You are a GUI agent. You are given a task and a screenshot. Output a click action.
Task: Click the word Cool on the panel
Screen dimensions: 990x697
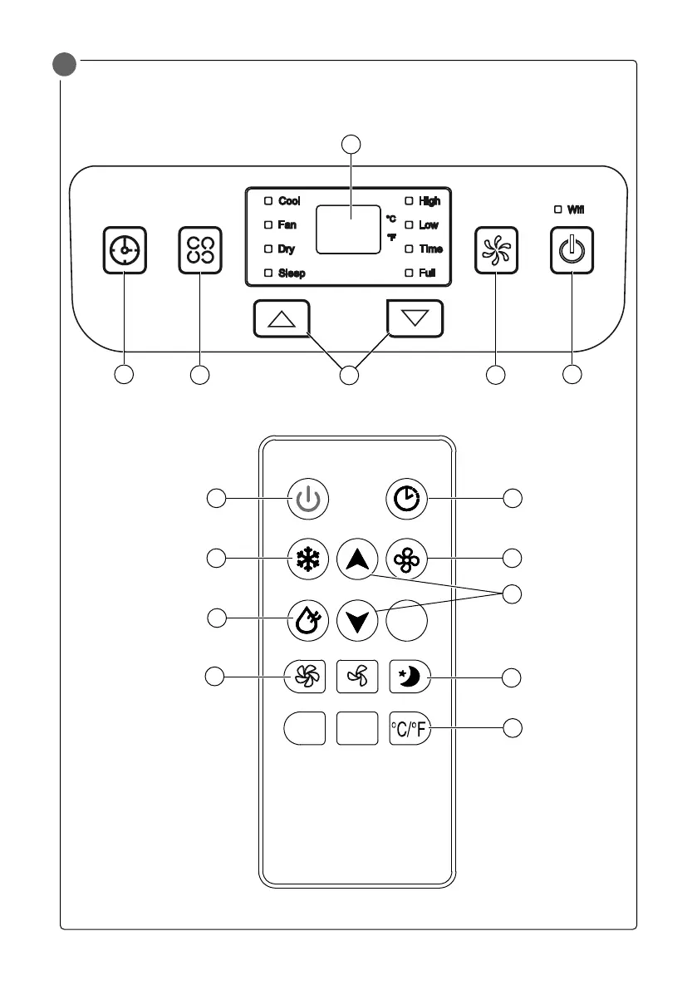pos(289,201)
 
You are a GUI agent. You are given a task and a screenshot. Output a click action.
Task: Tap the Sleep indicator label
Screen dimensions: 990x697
pos(291,273)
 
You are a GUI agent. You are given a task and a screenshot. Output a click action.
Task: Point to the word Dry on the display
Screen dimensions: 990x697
pos(286,249)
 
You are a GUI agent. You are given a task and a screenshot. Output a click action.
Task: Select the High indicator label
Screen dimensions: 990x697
pos(429,201)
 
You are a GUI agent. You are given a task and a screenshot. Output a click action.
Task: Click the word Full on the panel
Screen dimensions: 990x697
pos(427,273)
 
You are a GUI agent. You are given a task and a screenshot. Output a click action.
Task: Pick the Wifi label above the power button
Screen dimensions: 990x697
pos(576,209)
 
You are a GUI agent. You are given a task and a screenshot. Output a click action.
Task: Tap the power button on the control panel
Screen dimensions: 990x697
pos(572,250)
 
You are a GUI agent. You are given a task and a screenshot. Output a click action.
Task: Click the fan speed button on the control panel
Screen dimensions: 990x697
pos(495,250)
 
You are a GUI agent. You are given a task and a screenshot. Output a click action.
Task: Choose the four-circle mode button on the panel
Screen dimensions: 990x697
pos(200,250)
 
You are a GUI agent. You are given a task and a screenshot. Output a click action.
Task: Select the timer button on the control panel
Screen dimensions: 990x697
pos(125,250)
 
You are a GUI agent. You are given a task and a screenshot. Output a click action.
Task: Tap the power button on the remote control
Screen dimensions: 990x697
pos(307,499)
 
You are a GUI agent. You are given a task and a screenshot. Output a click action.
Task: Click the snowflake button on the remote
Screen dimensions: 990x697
pos(307,560)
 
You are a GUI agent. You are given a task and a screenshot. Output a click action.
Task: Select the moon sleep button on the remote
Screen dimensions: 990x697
pos(410,677)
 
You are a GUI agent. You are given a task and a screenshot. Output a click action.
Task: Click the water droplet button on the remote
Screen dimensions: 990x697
pos(307,620)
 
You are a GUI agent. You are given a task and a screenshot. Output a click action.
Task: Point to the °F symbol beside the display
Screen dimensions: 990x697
pos(391,237)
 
